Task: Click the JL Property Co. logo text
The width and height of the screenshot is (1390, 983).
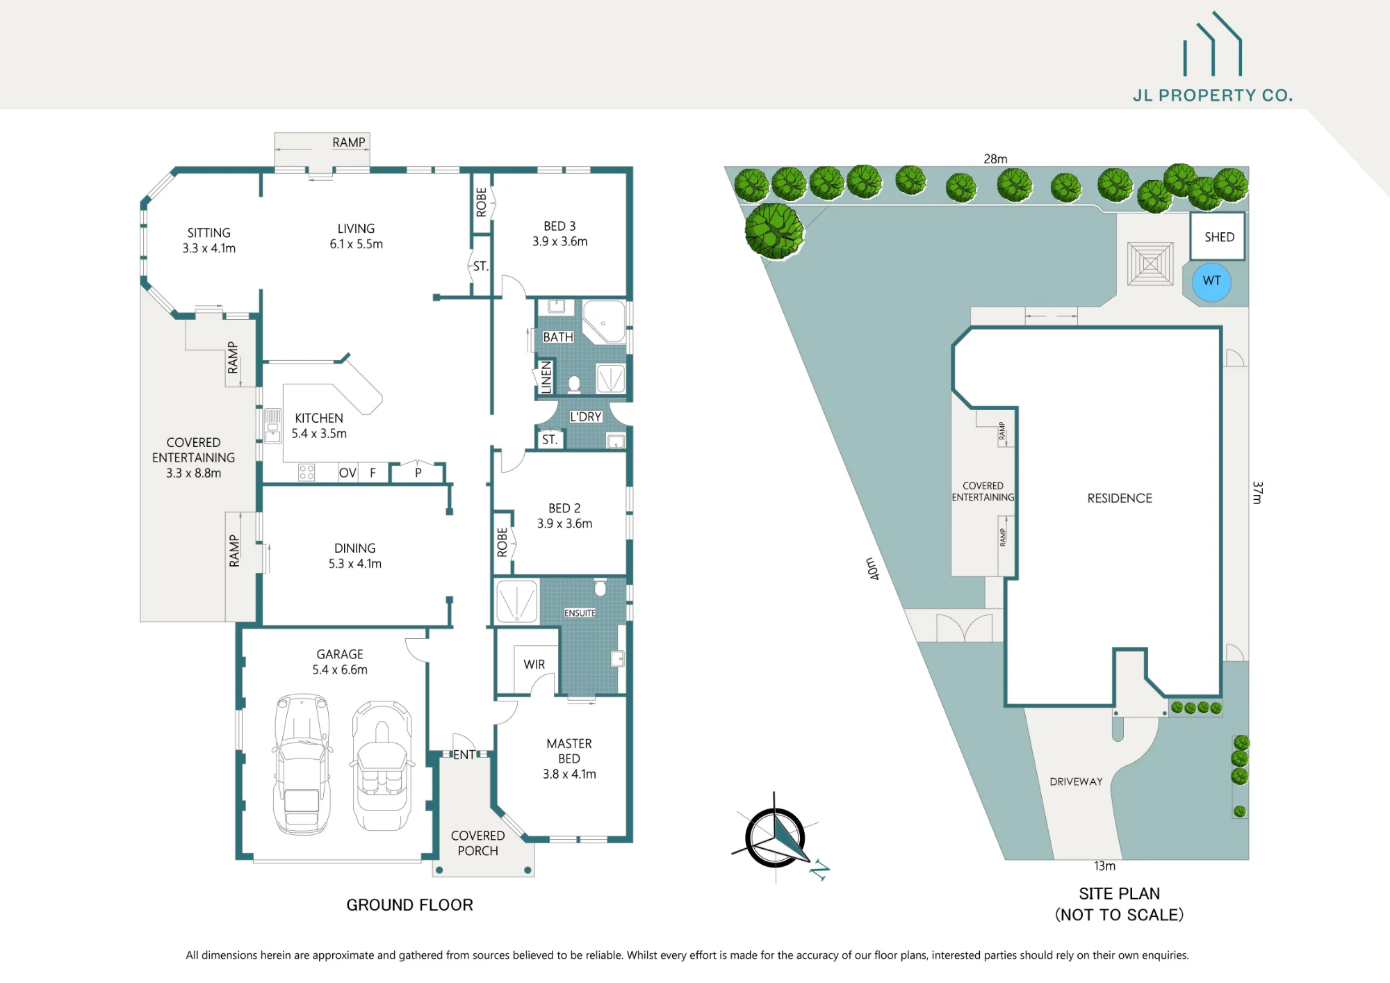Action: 1213,95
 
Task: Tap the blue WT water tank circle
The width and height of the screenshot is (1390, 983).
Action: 1211,282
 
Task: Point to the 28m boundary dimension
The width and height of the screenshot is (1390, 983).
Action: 995,159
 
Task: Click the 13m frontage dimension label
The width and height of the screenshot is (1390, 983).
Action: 1104,866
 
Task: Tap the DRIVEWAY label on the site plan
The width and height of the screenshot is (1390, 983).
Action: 1076,781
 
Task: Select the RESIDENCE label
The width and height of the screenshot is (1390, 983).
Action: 1120,498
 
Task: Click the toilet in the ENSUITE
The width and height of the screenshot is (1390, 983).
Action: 600,587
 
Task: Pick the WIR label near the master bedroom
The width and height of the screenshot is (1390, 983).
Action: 534,665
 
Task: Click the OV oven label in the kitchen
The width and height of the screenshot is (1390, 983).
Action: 347,473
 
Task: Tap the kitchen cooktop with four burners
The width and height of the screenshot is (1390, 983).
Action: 306,473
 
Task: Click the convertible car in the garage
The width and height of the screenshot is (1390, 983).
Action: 382,766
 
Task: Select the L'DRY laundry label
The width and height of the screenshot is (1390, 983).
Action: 585,416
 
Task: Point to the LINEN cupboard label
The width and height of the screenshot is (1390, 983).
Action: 546,377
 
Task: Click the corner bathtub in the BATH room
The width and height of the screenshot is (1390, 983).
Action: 603,321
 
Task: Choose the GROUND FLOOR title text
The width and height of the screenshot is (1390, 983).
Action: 409,904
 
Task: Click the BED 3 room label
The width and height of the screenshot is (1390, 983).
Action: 559,226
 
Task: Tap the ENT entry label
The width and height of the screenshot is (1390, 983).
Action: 464,754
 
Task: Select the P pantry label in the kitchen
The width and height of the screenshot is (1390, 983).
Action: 418,473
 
